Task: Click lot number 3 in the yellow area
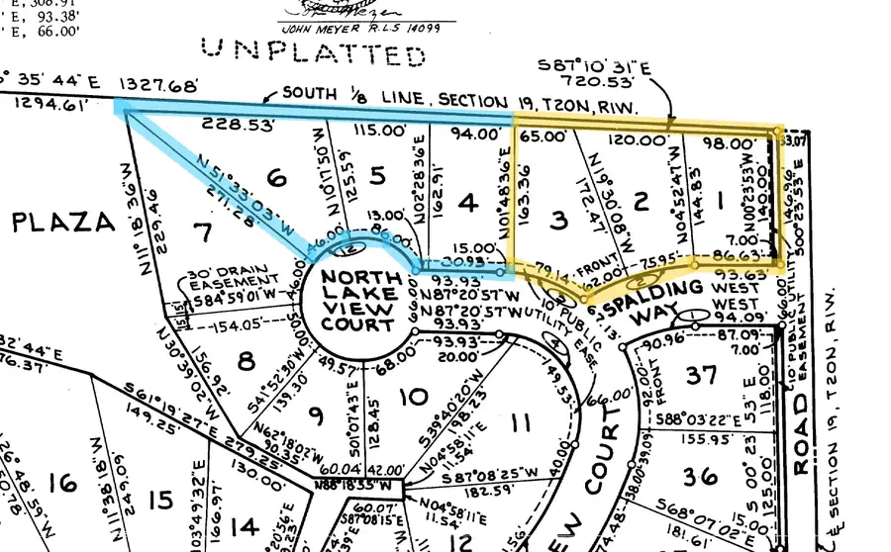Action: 559,220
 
